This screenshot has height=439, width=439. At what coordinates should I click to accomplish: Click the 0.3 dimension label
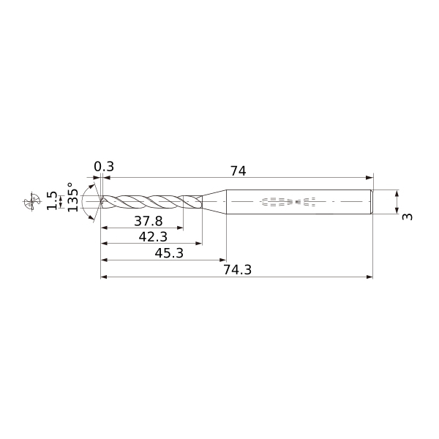[x=104, y=167]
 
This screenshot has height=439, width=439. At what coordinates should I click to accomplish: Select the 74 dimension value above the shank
[x=238, y=170]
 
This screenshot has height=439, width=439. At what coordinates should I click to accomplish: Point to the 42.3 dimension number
[x=152, y=236]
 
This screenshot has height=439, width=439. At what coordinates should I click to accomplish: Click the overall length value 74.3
[x=236, y=269]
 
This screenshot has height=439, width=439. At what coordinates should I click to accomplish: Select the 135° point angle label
[x=72, y=198]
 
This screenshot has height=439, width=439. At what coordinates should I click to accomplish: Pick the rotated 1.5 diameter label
[x=51, y=200]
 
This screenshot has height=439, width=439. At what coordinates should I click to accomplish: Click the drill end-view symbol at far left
[x=31, y=201]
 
